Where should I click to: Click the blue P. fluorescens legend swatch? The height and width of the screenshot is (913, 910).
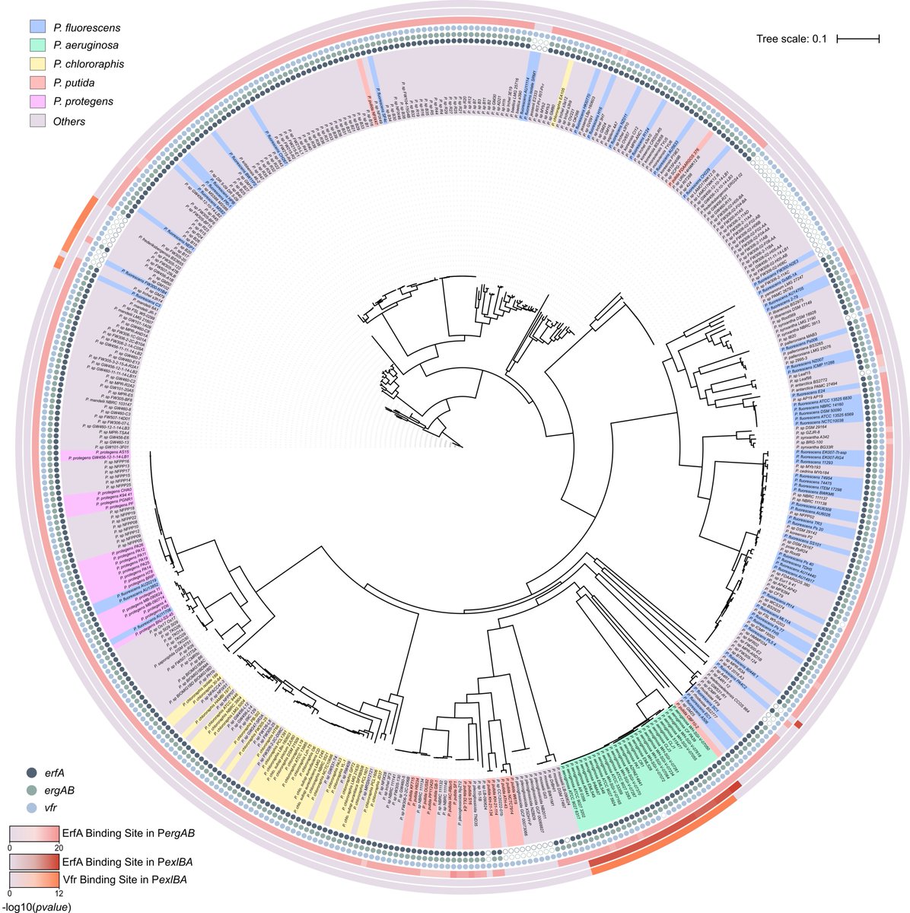pos(36,27)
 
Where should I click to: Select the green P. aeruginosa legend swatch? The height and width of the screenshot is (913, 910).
pos(36,46)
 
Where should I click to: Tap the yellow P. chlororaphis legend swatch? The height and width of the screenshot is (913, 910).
pos(36,65)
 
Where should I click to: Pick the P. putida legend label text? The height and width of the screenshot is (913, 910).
pos(74,83)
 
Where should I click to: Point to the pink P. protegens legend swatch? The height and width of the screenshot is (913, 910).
pos(36,101)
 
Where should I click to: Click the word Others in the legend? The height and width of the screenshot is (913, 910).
pos(69,121)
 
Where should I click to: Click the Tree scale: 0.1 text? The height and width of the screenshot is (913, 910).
pos(791,37)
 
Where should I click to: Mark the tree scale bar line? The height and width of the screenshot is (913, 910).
pos(863,37)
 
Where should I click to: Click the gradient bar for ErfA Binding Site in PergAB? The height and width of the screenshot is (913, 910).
pos(33,833)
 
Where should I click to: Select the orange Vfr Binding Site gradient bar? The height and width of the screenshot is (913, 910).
pos(33,880)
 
